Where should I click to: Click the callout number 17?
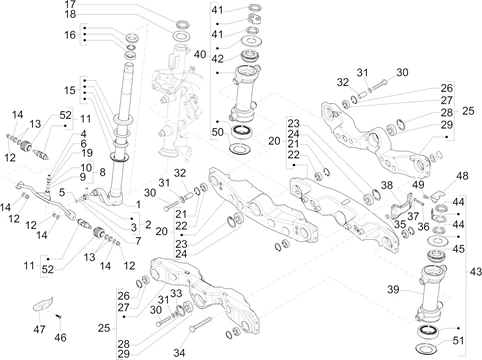click(70, 4)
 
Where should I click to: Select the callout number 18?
click(70, 14)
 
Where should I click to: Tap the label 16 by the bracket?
click(70, 35)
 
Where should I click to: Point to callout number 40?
click(200, 54)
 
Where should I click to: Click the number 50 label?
click(218, 132)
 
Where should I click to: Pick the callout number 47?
click(39, 329)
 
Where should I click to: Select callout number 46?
click(60, 337)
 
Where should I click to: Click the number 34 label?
click(179, 352)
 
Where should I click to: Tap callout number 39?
click(393, 289)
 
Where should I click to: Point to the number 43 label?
click(476, 272)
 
